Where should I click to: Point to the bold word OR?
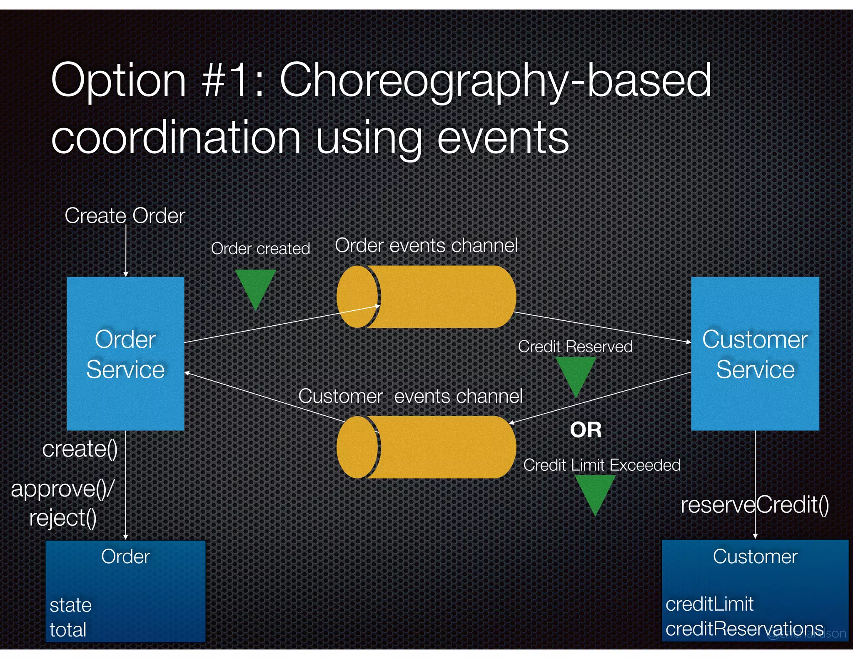click(586, 430)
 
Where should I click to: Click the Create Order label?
click(125, 216)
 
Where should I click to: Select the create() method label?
click(80, 449)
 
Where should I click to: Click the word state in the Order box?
click(70, 605)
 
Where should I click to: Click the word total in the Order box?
click(68, 629)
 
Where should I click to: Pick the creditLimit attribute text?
click(709, 604)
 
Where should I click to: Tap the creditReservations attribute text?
click(744, 629)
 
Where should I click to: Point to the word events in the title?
click(503, 137)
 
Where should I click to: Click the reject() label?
click(63, 518)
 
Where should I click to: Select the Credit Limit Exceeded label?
click(601, 465)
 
